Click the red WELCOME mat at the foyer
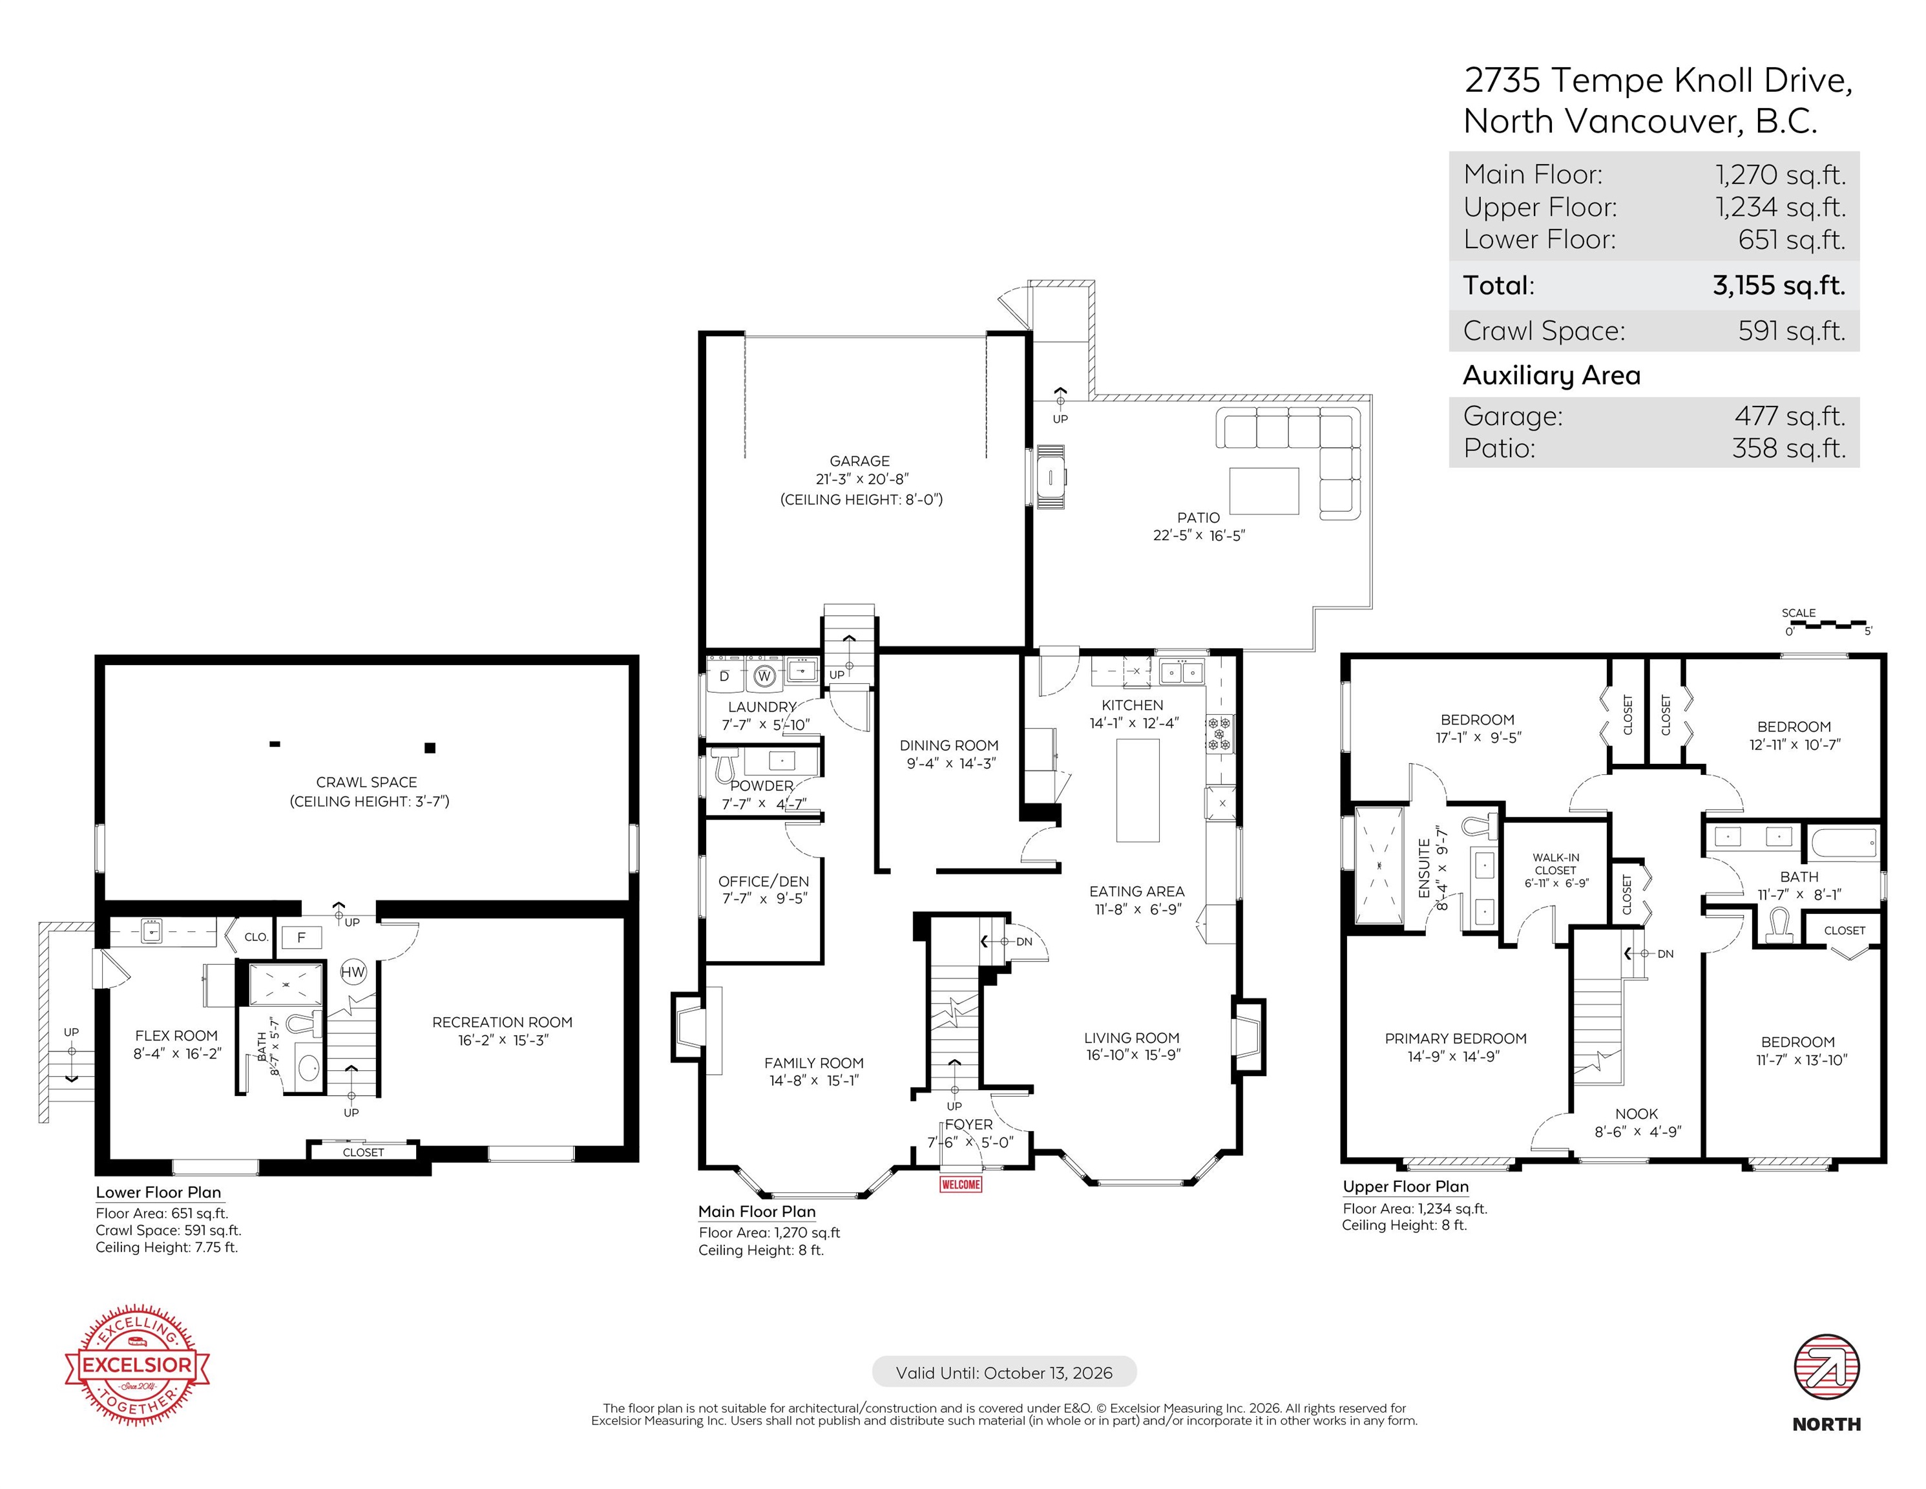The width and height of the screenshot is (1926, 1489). coord(960,1184)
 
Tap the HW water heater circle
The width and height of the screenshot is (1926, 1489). coord(353,972)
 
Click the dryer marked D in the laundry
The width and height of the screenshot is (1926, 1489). coord(725,677)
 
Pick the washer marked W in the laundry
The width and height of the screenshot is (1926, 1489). coord(764,677)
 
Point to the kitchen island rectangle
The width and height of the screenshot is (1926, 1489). coord(1138,791)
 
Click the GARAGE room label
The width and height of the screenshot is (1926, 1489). coord(860,460)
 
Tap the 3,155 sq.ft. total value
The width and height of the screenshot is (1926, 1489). coord(1779,285)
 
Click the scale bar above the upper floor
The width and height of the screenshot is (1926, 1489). coord(1827,624)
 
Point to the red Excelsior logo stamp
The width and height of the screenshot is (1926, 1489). coord(138,1366)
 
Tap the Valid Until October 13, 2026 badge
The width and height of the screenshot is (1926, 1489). coord(1005,1373)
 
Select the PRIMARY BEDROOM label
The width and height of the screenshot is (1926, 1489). coord(1456,1039)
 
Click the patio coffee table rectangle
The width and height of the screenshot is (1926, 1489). coord(1264,491)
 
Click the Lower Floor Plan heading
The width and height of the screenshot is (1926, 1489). coord(159,1192)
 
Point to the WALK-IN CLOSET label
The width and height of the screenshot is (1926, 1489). coord(1556,863)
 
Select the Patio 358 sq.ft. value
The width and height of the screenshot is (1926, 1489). coord(1789,448)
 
